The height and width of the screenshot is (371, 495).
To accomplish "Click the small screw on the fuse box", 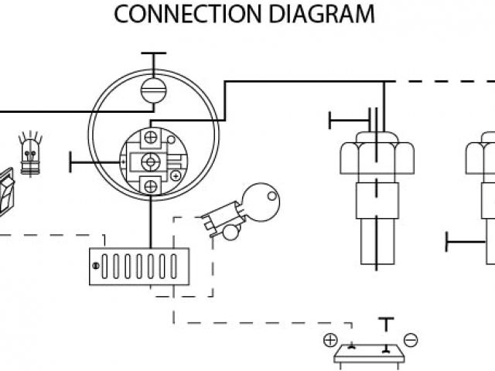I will coord(96,266).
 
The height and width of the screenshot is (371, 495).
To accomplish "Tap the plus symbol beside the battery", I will coord(330,339).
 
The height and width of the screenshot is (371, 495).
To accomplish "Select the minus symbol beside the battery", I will coord(411,339).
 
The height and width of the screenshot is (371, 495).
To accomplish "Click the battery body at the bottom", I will coord(370,355).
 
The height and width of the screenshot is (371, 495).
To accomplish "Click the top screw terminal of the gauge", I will coord(152,138).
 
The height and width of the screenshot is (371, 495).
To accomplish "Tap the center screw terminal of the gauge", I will coord(152,161).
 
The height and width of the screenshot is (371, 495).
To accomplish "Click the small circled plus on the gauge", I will coord(176,176).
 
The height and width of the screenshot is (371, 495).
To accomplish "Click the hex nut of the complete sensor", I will coord(377,155).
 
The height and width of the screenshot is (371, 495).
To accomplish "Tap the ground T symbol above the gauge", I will coord(153,56).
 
